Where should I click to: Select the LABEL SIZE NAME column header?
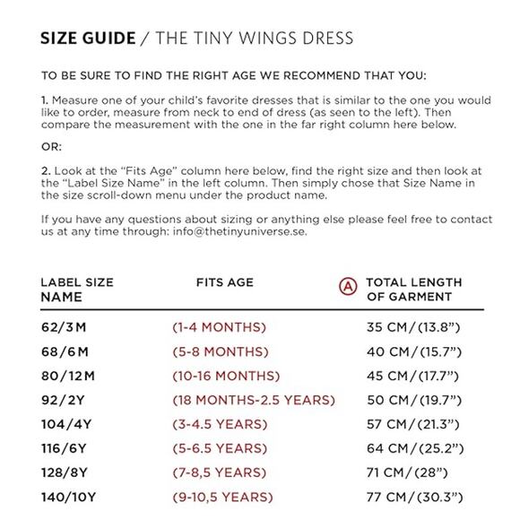(77, 290)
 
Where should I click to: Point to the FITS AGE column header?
(225, 282)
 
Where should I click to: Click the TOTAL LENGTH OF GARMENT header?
(414, 290)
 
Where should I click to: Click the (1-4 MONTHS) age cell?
(219, 327)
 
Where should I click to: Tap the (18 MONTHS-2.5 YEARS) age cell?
(254, 400)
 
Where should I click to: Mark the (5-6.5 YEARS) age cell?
(219, 448)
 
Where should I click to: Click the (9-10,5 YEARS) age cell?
(222, 497)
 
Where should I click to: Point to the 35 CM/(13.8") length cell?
(413, 327)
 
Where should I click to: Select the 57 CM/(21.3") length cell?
(413, 424)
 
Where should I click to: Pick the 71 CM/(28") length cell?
(408, 472)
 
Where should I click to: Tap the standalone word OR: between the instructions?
(52, 146)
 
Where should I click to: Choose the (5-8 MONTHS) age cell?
(219, 351)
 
